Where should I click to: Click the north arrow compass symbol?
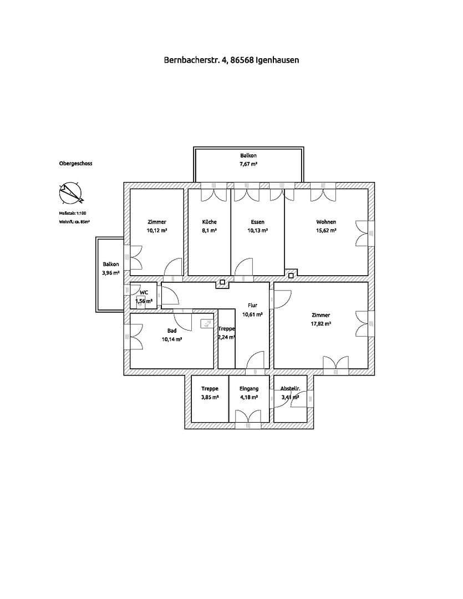pos(70,193)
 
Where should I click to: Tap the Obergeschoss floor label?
pos(75,164)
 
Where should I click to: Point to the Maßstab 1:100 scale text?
pos(73,213)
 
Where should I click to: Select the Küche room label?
pos(209,222)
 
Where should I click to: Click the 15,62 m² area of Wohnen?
pos(326,230)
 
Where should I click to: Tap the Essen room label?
pos(257,222)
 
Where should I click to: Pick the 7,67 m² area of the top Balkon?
pos(248,164)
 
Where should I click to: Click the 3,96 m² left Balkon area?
pos(111,273)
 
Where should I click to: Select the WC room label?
pos(144,292)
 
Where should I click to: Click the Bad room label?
pos(172,331)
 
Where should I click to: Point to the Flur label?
pos(252,305)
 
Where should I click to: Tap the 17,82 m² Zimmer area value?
pos(321,323)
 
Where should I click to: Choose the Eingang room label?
pos(249,389)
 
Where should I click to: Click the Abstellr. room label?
pos(291,389)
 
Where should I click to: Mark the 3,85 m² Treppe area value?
pos(210,397)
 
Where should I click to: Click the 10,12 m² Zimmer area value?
pos(157,230)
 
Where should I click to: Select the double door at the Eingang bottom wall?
pos(248,418)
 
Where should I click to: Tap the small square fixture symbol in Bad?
pos(206,323)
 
